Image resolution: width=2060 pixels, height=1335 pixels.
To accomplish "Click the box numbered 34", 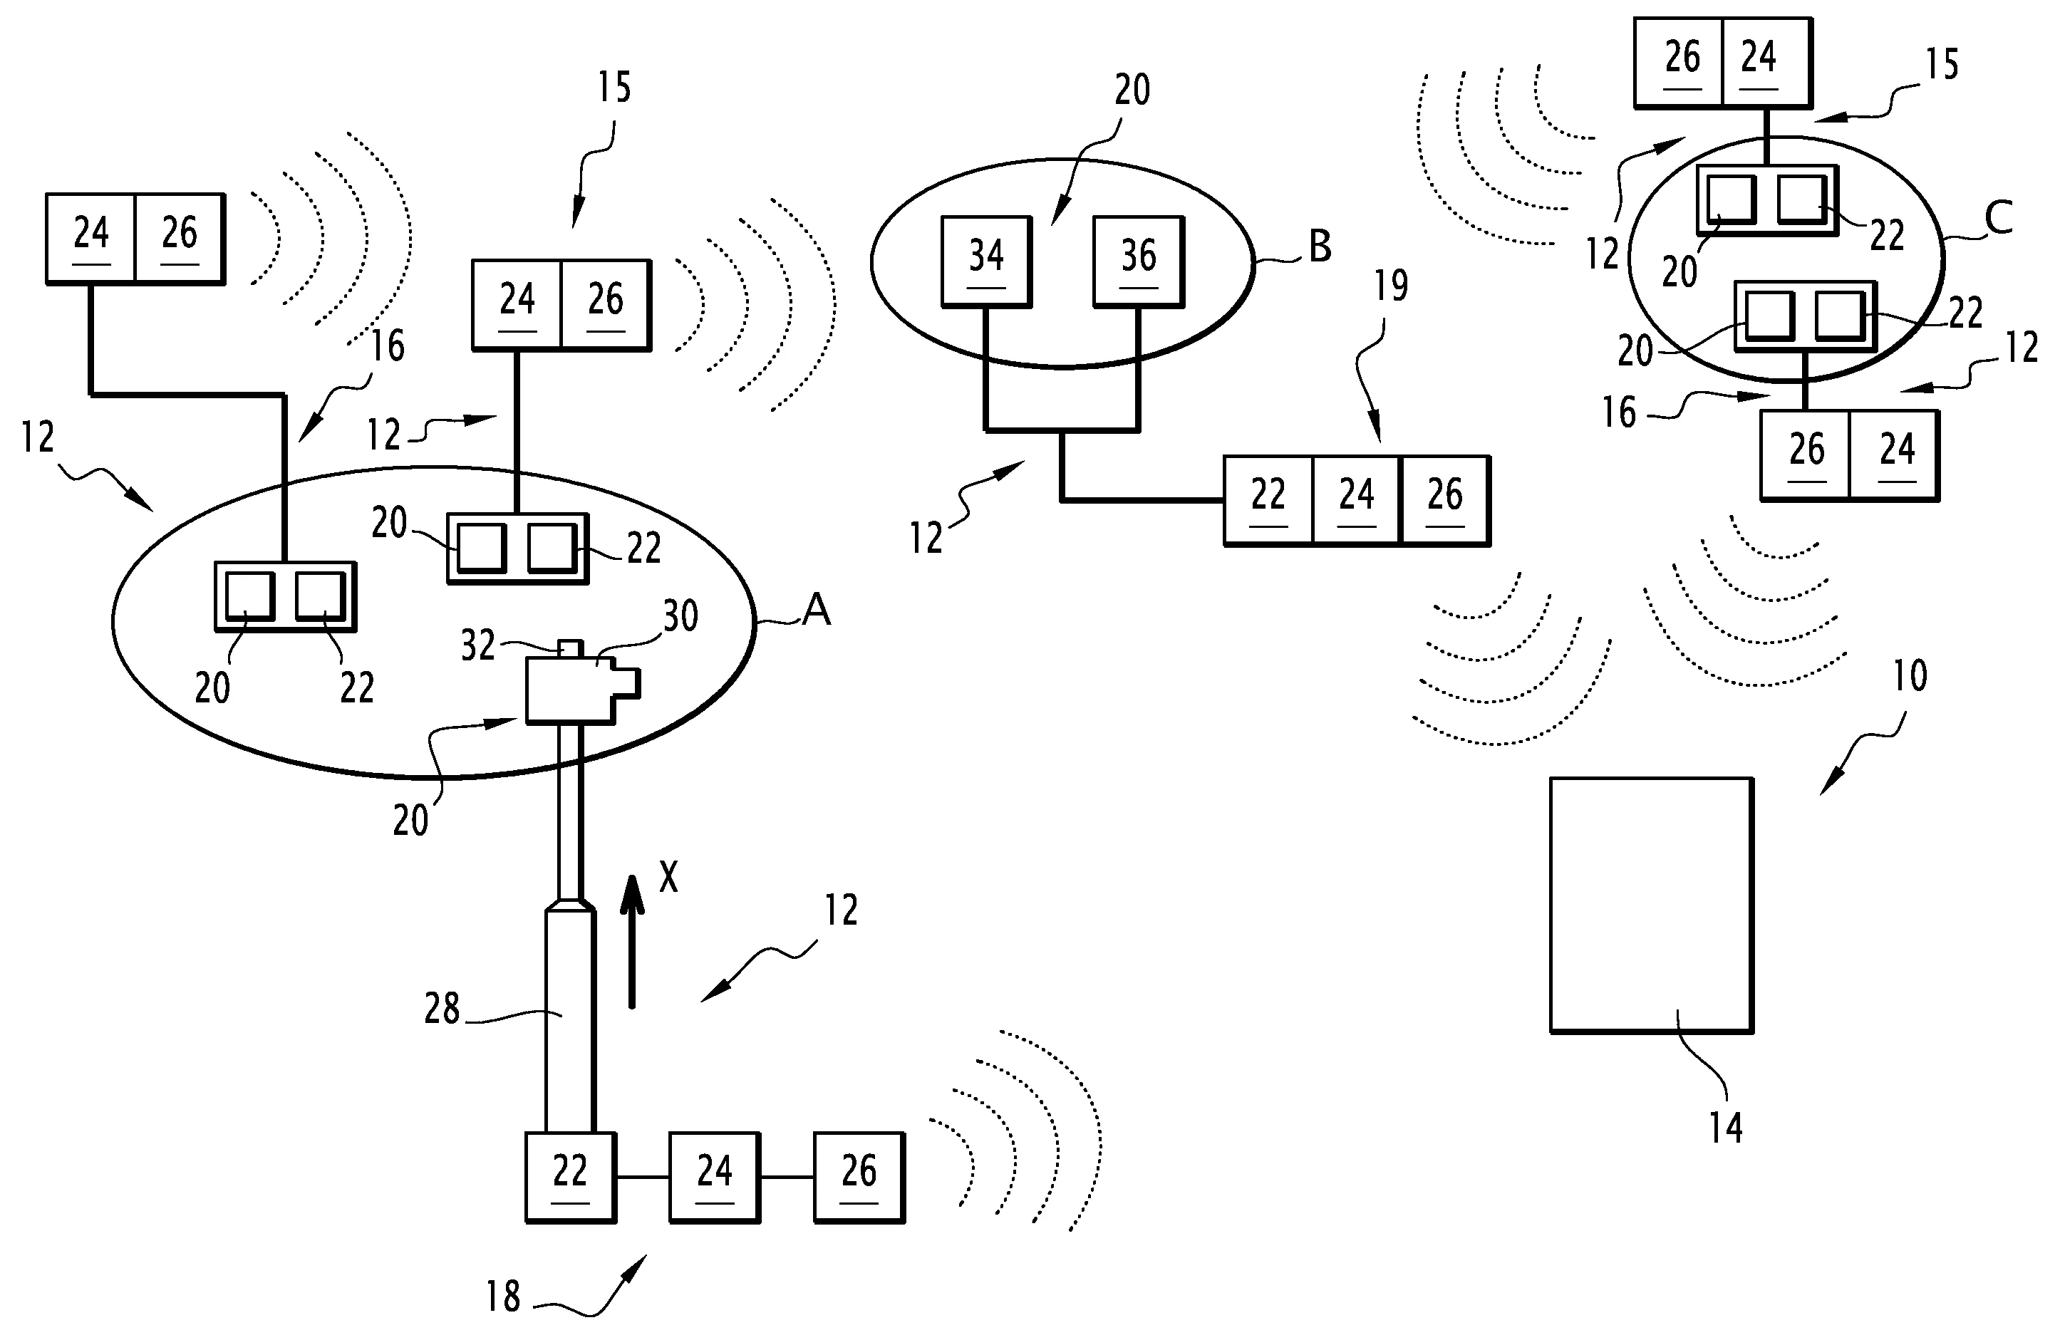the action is point(987,261).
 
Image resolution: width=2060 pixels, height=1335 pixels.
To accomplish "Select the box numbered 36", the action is point(1139,261).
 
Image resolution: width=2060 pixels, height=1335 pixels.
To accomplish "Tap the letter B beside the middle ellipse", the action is point(1320,246).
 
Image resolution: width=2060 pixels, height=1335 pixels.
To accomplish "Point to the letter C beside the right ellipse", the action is point(1998,217).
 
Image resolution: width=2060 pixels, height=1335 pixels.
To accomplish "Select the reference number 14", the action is point(1725,1128).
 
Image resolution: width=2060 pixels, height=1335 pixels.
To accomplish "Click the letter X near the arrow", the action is point(668,878).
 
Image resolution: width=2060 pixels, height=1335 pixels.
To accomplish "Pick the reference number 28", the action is point(442,1009).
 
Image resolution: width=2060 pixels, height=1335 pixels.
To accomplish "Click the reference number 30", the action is point(680,616).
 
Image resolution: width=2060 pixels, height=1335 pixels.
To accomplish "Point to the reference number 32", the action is point(478,645).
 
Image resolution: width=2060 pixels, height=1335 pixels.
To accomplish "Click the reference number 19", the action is point(1391,286).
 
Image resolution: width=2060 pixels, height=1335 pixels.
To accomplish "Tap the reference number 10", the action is point(1910,676).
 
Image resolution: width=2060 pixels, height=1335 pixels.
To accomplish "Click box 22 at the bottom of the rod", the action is point(570,1177).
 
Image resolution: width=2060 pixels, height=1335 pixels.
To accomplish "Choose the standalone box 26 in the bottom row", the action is point(859,1177).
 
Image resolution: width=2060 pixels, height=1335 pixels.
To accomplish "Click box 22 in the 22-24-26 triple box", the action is point(1269,500).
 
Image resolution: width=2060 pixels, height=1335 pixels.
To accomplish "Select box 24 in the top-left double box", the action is point(91,238).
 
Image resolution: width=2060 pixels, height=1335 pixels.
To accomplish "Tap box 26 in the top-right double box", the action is point(1679,62).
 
